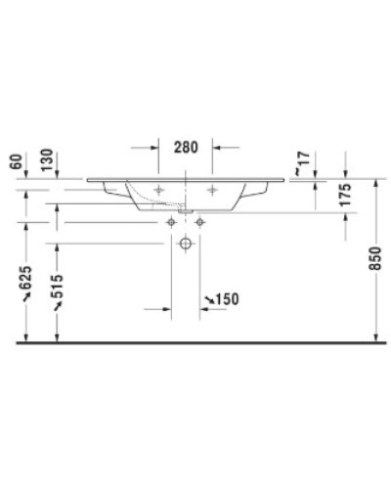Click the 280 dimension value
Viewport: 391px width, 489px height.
pos(187,148)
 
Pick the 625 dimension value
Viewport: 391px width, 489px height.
pos(14,285)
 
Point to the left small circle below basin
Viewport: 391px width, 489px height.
pos(173,223)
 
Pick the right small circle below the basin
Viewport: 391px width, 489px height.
pos(199,223)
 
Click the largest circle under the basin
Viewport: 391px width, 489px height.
pos(187,246)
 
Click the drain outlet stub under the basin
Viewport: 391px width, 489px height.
pos(186,209)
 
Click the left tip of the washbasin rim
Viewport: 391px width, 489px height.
pos(88,180)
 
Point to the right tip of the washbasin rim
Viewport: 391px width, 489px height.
pos(286,180)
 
